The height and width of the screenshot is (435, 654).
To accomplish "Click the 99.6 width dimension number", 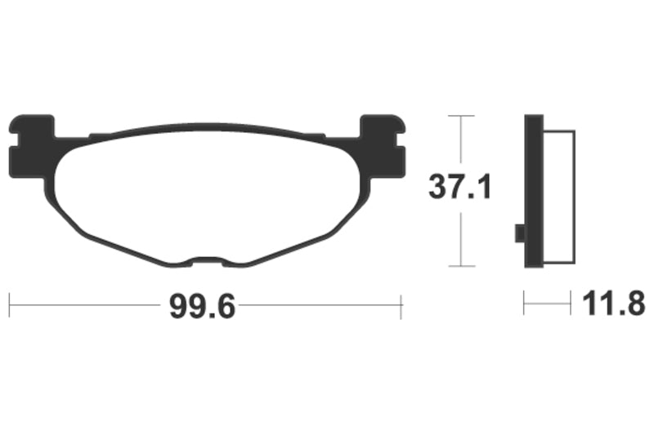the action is [x=202, y=307].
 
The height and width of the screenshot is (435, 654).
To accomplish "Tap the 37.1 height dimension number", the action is [x=460, y=188].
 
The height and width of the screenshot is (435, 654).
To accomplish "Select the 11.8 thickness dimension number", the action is [x=613, y=304].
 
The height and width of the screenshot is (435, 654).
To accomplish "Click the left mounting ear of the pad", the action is [x=31, y=146].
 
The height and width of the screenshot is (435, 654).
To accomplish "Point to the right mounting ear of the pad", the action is [x=383, y=146].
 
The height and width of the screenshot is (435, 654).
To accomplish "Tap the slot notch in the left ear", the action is [x=13, y=140].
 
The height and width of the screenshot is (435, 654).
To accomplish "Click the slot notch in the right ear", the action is [x=401, y=140].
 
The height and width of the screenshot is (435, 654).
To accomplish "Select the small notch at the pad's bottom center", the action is [x=208, y=260].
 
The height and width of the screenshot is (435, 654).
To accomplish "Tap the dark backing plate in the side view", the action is [x=534, y=191].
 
